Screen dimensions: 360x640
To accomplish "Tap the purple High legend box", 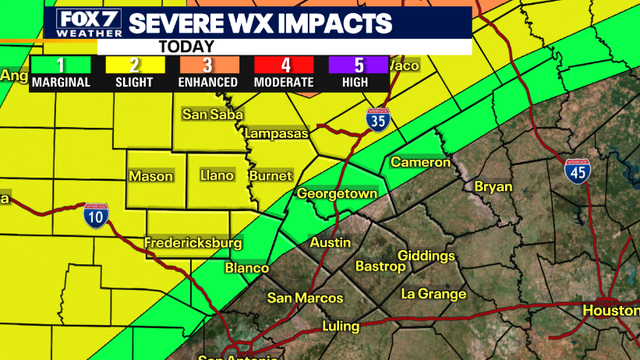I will [x=356, y=72].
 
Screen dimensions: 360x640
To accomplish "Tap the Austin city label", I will [x=330, y=243].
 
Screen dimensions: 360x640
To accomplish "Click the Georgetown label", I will [x=336, y=192].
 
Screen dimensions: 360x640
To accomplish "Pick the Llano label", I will [x=217, y=176].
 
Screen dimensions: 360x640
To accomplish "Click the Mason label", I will [x=152, y=176].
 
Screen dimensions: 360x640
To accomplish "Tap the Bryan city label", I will [x=492, y=186].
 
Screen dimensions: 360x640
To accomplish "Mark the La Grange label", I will [x=434, y=294].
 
